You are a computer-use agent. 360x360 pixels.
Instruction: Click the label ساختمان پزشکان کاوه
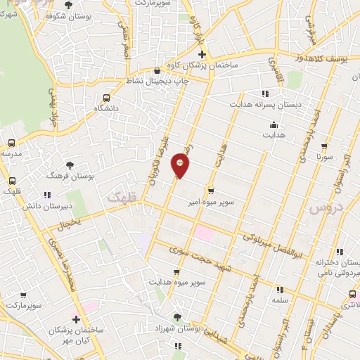[x=202, y=66]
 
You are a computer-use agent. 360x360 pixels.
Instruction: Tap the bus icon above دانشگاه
[x=106, y=98]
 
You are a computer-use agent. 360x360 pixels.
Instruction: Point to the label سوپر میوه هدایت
[x=176, y=283]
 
